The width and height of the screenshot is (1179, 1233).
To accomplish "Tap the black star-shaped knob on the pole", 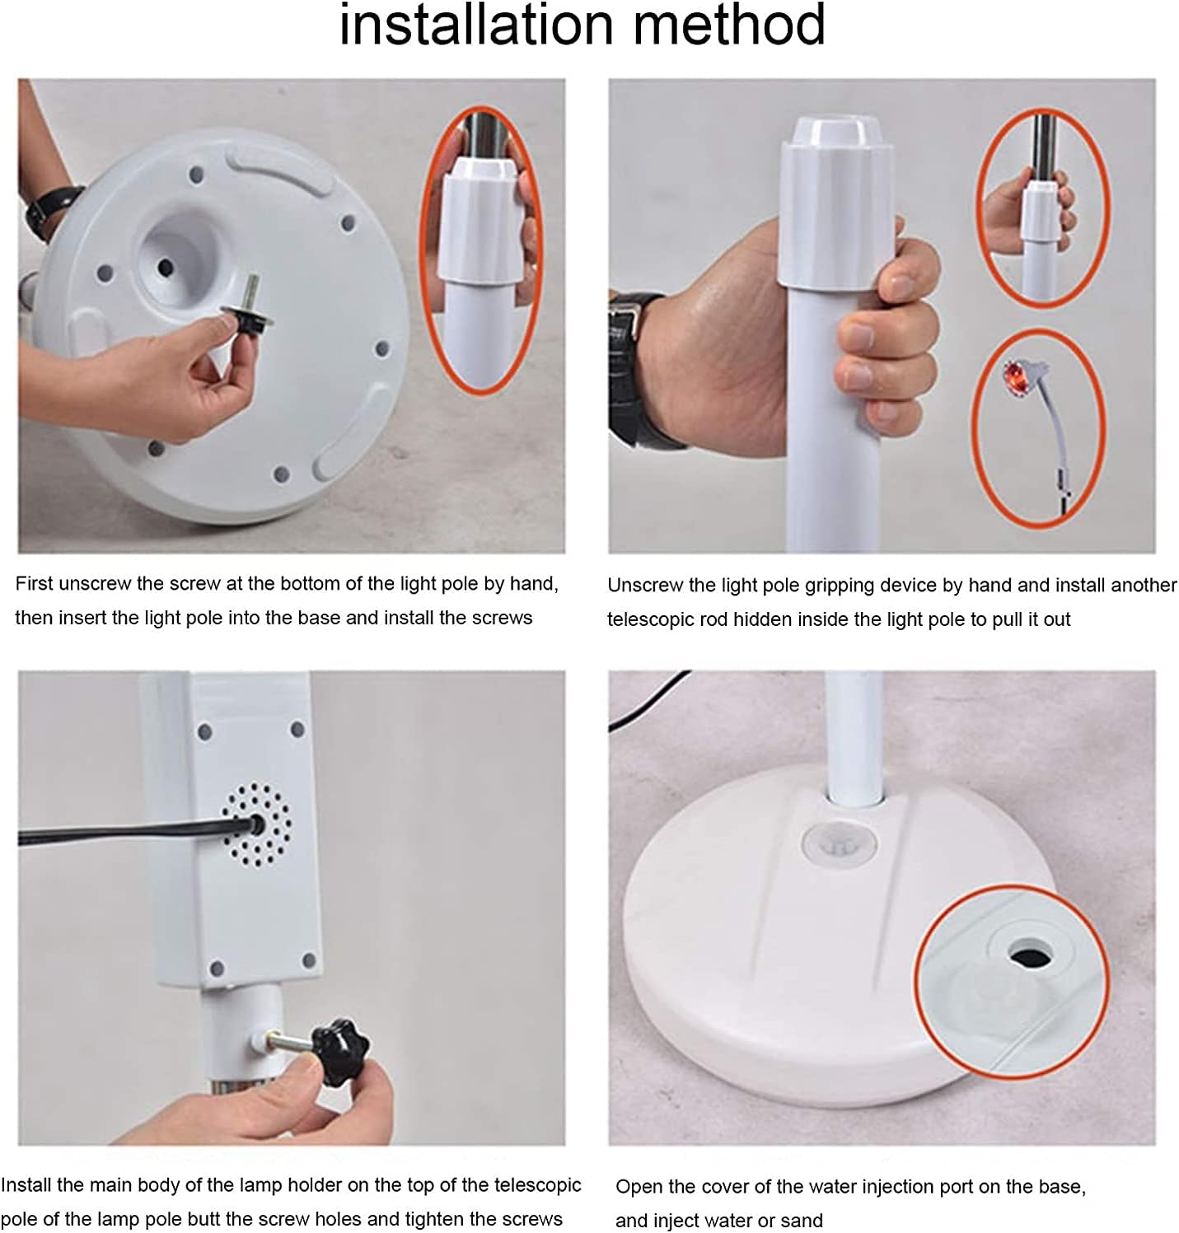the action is click(x=341, y=1050).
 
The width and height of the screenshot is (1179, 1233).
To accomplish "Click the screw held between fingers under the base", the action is click(x=242, y=306).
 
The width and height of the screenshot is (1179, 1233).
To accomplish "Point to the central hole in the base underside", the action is click(x=166, y=267).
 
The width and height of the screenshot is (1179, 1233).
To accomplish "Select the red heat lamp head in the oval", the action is click(x=1015, y=377).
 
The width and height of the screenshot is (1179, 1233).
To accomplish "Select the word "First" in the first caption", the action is click(x=35, y=584).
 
